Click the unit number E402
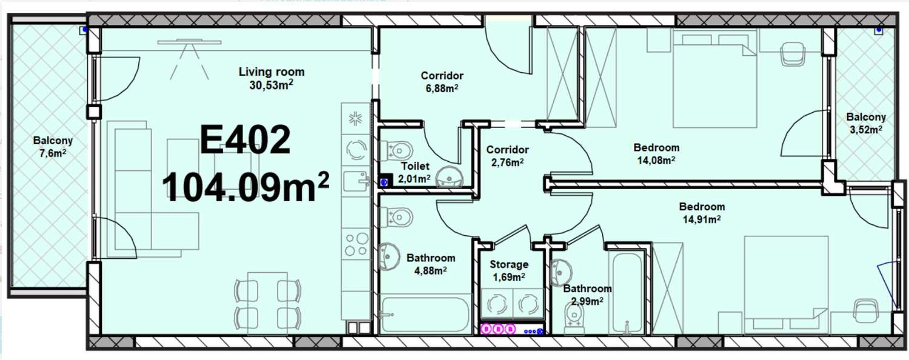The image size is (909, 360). (x=245, y=139)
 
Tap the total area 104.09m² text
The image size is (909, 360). (x=245, y=186)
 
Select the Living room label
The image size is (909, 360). (x=271, y=72)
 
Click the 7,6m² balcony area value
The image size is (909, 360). (x=53, y=153)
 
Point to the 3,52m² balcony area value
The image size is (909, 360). (x=865, y=130)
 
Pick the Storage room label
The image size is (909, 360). (x=509, y=264)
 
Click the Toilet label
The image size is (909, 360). (x=415, y=166)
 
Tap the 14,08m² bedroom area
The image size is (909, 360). (x=656, y=161)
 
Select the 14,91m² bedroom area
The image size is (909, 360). (x=702, y=219)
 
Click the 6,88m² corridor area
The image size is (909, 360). (x=442, y=88)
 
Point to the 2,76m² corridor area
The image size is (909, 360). (x=507, y=162)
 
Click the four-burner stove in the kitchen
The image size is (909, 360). (x=356, y=244)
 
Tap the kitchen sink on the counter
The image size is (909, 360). (x=356, y=181)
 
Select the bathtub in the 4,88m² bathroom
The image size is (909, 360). (x=425, y=315)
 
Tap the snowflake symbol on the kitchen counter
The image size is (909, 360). (x=356, y=119)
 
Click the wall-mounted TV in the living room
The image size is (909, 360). (x=189, y=41)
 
